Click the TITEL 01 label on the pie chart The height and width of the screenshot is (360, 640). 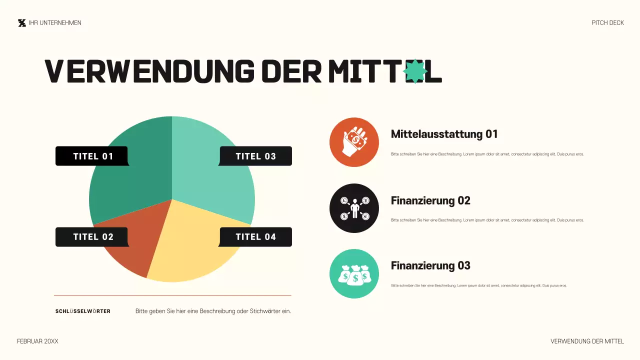92,156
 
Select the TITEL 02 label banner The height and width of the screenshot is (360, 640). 92,237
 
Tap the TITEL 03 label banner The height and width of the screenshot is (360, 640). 255,156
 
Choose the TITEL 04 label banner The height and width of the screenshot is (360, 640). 255,237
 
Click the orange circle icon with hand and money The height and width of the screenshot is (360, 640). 354,142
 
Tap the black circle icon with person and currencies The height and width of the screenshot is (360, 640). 354,208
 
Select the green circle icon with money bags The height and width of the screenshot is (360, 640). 354,274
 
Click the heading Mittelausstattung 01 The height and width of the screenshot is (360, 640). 444,134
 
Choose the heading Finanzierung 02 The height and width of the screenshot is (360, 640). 430,200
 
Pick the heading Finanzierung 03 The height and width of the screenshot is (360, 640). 430,265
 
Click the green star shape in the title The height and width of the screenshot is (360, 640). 415,71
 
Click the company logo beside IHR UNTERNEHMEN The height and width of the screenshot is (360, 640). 21,23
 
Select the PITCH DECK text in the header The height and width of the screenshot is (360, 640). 607,23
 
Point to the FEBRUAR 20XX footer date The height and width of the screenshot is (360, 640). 37,341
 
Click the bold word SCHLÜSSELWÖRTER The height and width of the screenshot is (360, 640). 83,311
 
